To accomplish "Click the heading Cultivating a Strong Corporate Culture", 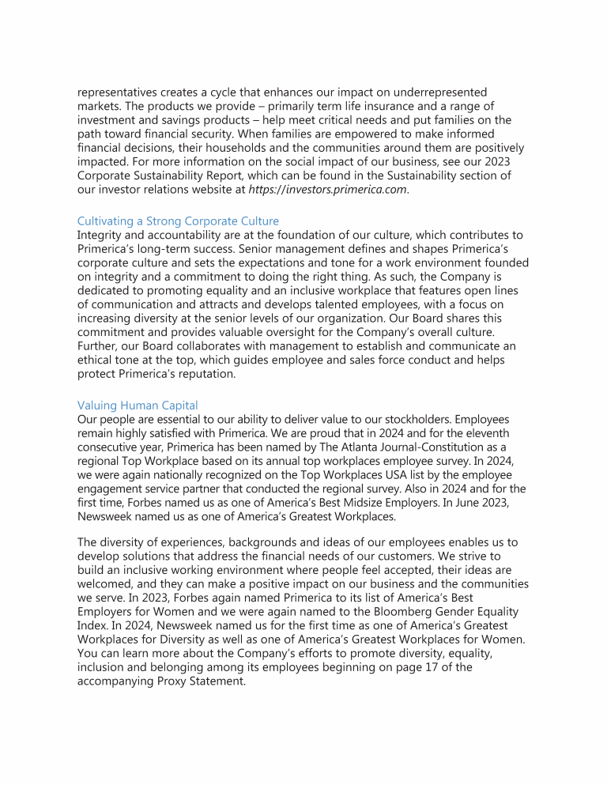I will pyautogui.click(x=178, y=221).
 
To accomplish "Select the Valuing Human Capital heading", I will pyautogui.click(x=138, y=406).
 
